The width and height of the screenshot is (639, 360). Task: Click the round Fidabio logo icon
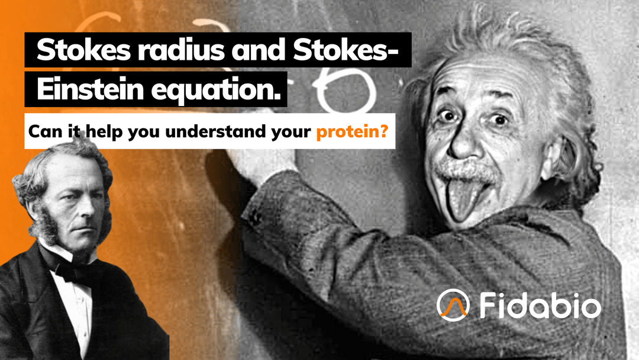(x=453, y=303)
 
